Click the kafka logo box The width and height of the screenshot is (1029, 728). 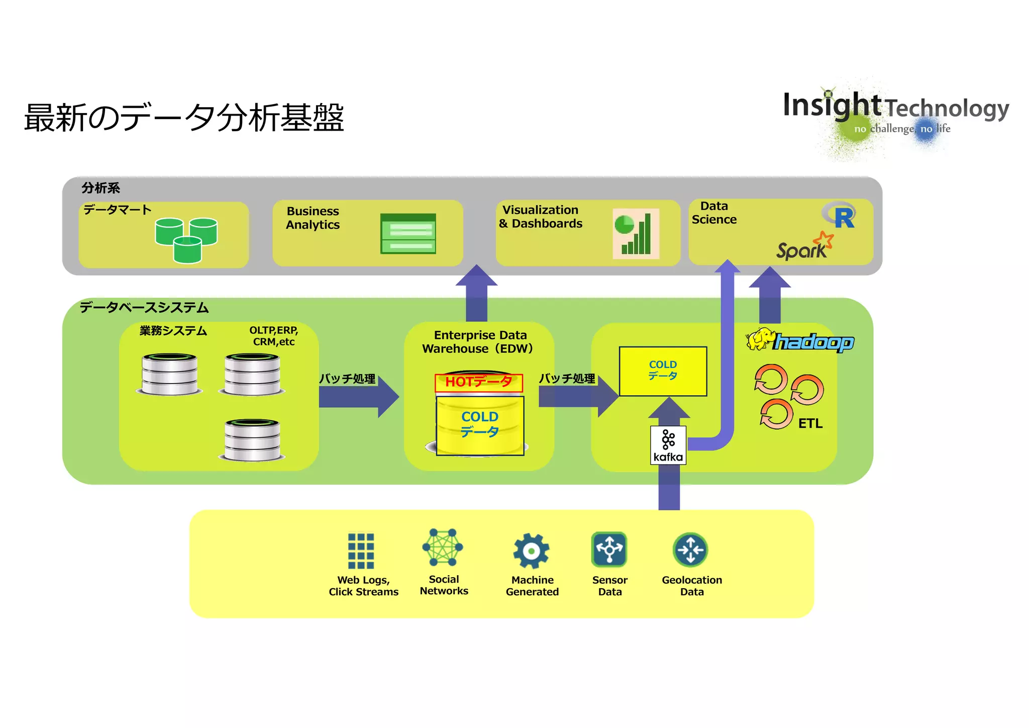668,445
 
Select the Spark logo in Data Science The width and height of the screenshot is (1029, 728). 804,246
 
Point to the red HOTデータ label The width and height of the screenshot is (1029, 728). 478,383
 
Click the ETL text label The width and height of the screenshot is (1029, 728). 810,423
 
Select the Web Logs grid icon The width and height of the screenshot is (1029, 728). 361,551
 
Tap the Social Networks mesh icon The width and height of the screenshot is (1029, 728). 443,547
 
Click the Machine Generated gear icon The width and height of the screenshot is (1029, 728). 531,551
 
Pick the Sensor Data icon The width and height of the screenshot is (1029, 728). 609,549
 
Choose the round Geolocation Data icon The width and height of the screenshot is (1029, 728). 690,550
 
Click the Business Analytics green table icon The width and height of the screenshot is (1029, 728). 408,234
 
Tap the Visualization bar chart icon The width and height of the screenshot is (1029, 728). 636,234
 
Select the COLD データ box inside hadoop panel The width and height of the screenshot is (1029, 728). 663,371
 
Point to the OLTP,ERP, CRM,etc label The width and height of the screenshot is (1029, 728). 274,336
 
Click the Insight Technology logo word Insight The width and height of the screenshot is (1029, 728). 831,106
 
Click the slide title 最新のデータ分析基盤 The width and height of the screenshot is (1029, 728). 184,118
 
